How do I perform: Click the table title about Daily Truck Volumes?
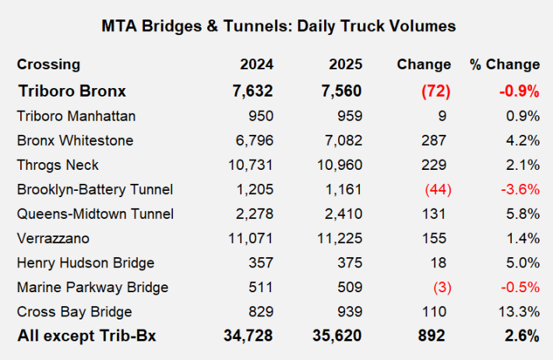278,26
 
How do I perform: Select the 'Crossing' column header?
48,65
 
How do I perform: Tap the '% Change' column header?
504,65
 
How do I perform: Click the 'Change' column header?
424,65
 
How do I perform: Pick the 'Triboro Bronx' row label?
72,91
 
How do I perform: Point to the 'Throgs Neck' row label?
58,165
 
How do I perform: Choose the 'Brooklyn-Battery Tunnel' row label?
94,189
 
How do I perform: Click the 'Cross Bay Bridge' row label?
74,312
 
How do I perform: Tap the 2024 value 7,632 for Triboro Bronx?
254,91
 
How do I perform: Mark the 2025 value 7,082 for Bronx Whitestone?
343,140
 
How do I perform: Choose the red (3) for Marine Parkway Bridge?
440,288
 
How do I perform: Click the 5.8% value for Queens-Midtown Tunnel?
523,214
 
